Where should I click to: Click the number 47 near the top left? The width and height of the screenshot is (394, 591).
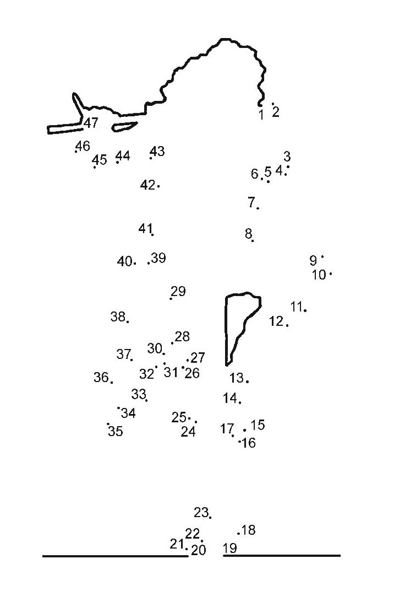click(91, 123)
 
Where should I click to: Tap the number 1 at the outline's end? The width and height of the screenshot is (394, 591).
click(261, 115)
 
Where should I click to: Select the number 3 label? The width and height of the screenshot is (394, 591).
click(287, 157)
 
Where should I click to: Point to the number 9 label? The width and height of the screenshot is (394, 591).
click(313, 261)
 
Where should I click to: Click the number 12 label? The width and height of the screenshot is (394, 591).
click(276, 321)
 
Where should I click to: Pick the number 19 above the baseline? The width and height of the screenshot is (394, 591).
click(230, 548)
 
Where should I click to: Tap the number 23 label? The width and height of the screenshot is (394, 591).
click(201, 512)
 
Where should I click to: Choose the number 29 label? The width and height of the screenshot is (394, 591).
click(179, 291)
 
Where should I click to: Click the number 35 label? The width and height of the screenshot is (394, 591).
click(116, 431)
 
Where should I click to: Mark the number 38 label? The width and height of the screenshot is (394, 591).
click(118, 316)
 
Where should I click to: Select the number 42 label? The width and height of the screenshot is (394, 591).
click(147, 185)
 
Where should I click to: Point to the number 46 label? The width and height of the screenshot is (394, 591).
click(83, 146)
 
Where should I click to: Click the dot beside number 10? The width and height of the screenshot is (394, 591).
click(331, 273)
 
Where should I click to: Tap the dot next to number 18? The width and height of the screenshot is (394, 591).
click(239, 533)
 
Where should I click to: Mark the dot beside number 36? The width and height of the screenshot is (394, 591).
click(112, 382)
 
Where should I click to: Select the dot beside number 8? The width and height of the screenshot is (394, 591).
click(253, 240)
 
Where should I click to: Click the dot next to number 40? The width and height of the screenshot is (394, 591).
click(135, 263)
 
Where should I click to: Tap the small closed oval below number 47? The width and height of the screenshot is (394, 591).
click(124, 126)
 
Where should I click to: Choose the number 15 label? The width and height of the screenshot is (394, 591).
click(258, 425)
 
